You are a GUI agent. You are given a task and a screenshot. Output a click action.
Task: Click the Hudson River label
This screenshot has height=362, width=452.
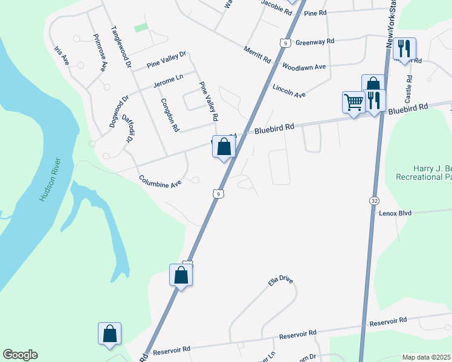point(50,180)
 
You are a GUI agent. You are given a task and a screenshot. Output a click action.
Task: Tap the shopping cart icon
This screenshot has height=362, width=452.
point(353,101)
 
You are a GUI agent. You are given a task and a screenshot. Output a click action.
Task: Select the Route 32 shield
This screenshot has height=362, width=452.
point(374,199)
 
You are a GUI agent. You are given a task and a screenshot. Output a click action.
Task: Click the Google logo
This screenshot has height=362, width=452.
point(20,355)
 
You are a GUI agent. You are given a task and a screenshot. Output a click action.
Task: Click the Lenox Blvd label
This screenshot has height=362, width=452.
point(395,213)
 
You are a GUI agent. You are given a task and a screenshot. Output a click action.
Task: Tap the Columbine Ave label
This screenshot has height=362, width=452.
point(160,181)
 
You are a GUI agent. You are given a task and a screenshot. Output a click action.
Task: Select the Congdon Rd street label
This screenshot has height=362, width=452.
point(170,115)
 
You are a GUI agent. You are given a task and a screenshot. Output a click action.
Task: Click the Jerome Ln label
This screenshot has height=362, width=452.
point(168,82)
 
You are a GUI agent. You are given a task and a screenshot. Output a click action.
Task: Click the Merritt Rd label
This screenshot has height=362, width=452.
point(257,55)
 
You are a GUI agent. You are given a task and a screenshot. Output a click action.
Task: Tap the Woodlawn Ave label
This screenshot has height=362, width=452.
point(304,67)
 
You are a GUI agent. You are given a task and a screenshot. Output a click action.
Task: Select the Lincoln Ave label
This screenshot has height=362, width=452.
point(289,91)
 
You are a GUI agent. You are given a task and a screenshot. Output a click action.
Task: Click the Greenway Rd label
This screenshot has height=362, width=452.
point(315,42)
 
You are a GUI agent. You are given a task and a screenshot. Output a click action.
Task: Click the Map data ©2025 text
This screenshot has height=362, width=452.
point(426,357)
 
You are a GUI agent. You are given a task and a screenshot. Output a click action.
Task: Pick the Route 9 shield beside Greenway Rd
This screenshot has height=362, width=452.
point(283,42)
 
